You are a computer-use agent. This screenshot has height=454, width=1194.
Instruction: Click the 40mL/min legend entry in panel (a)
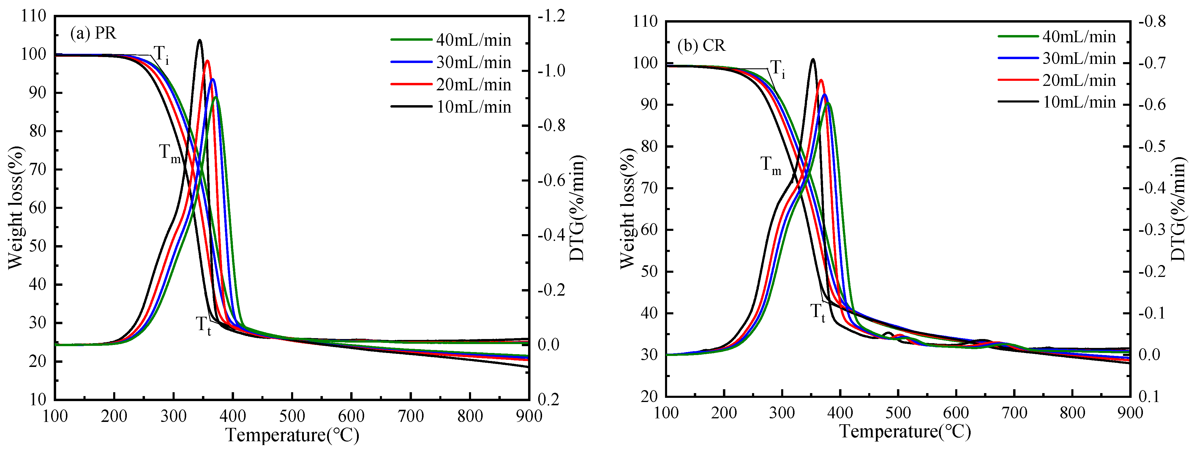click(473, 40)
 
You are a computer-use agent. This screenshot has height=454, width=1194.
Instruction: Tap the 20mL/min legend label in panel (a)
click(473, 85)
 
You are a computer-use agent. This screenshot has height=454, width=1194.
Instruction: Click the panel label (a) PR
click(93, 33)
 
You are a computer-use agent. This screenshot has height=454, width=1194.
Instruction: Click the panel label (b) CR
click(701, 45)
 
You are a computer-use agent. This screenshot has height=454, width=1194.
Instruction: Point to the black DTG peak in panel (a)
click(200, 41)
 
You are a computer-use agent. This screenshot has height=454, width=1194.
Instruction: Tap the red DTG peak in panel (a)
click(207, 61)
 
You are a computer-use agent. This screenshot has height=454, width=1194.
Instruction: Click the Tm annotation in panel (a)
click(169, 153)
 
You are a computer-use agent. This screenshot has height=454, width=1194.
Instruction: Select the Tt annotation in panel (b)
click(818, 312)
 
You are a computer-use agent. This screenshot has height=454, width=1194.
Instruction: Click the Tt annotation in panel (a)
click(203, 325)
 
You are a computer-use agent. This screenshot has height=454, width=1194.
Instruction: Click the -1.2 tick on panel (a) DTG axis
click(552, 16)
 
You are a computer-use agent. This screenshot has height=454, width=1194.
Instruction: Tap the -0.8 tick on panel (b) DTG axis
click(1152, 22)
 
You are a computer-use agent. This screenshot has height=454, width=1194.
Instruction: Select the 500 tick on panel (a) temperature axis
click(292, 416)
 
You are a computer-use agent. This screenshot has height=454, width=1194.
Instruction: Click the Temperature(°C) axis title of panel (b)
click(905, 432)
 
